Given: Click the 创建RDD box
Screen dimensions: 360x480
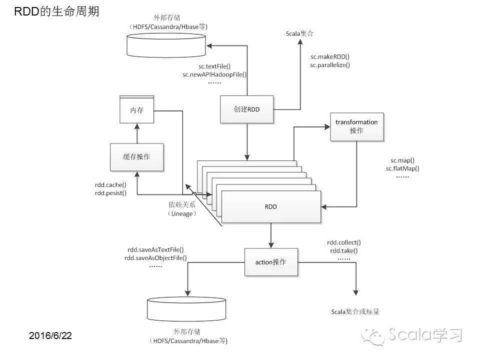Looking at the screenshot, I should click(x=247, y=109).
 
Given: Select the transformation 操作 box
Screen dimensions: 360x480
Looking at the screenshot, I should click(x=356, y=126).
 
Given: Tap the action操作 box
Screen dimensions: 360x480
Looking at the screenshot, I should click(x=270, y=262).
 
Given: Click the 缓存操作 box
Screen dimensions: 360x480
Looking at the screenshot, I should click(x=136, y=156).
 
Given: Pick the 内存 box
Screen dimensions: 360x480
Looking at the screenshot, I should click(x=136, y=110).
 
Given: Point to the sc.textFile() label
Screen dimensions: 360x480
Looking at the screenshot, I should click(x=214, y=66).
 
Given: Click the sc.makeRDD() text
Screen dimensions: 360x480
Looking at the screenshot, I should click(x=329, y=57).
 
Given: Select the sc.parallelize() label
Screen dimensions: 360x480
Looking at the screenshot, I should click(x=329, y=65).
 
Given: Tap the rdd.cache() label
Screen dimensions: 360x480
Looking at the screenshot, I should click(x=110, y=184).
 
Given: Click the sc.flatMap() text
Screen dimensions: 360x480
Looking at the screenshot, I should click(x=402, y=168).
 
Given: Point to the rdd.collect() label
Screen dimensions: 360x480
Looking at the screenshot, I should click(x=344, y=242).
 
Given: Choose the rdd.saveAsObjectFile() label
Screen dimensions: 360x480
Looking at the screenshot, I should click(x=156, y=257).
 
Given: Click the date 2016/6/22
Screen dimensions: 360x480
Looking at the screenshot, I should click(x=50, y=335).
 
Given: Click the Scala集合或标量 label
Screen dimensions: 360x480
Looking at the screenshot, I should click(x=355, y=311).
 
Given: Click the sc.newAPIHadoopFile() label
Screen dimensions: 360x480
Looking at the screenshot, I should click(x=215, y=74).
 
